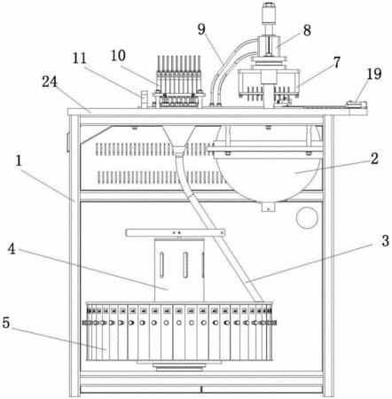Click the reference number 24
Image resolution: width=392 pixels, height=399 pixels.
[50, 82]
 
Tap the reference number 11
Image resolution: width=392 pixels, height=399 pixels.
[80, 59]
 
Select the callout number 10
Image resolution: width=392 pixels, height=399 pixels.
[118, 55]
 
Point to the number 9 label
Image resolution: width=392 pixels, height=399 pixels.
[201, 29]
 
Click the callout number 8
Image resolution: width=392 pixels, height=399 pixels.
[307, 30]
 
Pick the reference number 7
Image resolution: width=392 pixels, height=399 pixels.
[336, 63]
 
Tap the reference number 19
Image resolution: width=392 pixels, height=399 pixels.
[374, 74]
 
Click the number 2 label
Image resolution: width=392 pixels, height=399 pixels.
[374, 159]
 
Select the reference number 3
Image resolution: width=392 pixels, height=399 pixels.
[385, 241]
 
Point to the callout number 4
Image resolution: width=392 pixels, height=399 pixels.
[12, 249]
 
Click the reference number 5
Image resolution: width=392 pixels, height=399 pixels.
[6, 323]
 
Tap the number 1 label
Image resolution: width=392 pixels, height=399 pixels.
[19, 161]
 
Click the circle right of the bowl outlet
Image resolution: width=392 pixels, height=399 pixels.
[307, 218]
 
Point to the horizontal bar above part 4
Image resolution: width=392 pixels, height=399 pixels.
[175, 232]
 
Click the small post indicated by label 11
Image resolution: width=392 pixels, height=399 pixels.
[144, 99]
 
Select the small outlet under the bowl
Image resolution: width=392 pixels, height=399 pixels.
[268, 207]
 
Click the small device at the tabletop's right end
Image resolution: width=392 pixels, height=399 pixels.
[357, 105]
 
